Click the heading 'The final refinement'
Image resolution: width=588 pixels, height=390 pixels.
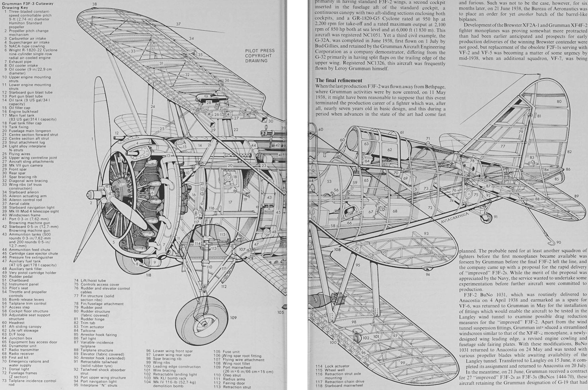click(338, 80)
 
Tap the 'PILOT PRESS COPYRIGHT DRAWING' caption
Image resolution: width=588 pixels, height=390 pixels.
click(260, 56)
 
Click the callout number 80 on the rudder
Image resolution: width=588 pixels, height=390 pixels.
click(559, 101)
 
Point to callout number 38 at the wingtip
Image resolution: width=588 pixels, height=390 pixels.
click(94, 4)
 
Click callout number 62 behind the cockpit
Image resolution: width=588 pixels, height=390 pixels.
click(390, 150)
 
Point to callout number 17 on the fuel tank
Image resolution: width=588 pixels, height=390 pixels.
click(230, 202)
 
